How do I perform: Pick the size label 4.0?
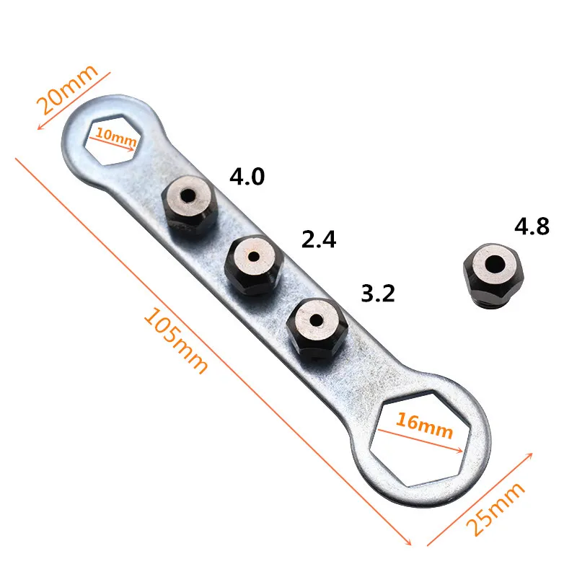point(247,176)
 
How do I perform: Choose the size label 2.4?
point(319,239)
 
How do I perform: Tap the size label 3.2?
point(377,294)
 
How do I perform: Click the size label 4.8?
point(532,226)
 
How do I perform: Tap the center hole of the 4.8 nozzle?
point(496,265)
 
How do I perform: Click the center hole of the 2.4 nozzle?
point(254,255)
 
